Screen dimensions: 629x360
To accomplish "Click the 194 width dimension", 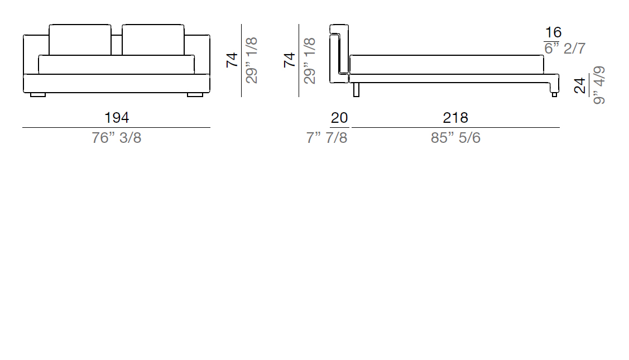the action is (x=117, y=118).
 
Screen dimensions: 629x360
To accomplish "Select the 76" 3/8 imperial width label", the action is (x=116, y=138).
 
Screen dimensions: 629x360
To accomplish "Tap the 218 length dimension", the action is (x=455, y=118).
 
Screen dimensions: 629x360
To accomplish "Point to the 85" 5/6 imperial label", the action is (x=455, y=138).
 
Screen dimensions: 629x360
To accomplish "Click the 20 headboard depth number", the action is (x=339, y=118).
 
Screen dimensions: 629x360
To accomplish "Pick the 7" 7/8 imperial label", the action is (x=326, y=138).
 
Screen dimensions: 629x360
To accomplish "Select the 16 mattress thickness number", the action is (x=553, y=32).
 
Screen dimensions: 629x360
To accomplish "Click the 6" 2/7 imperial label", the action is (x=565, y=48).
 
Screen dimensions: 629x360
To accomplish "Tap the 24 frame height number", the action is (x=580, y=86).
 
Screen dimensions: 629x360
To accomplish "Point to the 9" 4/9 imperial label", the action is (x=598, y=85).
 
